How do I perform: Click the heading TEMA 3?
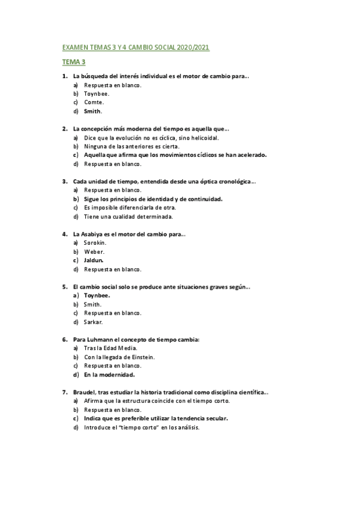74,61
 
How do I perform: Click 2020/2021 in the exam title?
193,47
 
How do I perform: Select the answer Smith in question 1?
93,111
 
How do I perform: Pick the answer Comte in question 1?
94,102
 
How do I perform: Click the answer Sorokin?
95,242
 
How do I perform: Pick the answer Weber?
94,251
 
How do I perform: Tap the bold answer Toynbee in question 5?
97,295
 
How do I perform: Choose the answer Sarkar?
93,322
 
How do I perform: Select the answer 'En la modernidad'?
109,375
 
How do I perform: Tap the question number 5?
64,287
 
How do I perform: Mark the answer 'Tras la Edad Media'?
111,348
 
